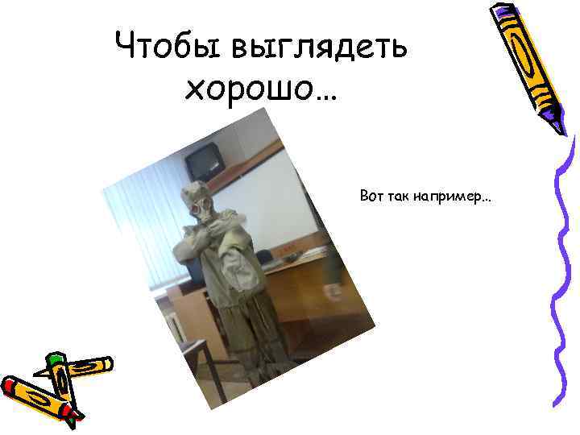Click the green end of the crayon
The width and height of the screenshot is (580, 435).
click(55, 361)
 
